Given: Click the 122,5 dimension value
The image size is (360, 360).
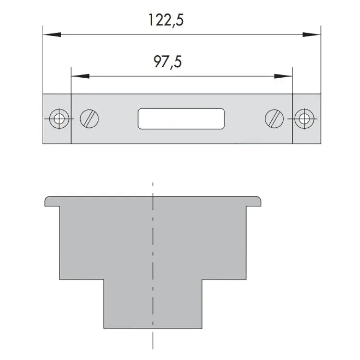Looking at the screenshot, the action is [x=166, y=21].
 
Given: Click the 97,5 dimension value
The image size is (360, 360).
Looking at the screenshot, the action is [x=168, y=62].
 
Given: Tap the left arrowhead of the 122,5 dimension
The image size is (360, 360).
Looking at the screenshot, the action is [x=52, y=35].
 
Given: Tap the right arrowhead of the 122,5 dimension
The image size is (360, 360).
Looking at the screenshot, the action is [x=312, y=35].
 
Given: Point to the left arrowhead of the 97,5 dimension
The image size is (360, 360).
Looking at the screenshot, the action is [x=80, y=76].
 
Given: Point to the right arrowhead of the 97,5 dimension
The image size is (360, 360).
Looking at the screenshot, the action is [x=283, y=76].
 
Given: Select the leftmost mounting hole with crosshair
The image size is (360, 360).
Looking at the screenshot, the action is [x=59, y=119].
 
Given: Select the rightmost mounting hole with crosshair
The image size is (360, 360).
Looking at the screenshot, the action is [x=304, y=119].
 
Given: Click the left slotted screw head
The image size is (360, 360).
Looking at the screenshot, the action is [x=89, y=119].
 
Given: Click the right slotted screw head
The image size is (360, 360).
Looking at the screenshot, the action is [x=275, y=119].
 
